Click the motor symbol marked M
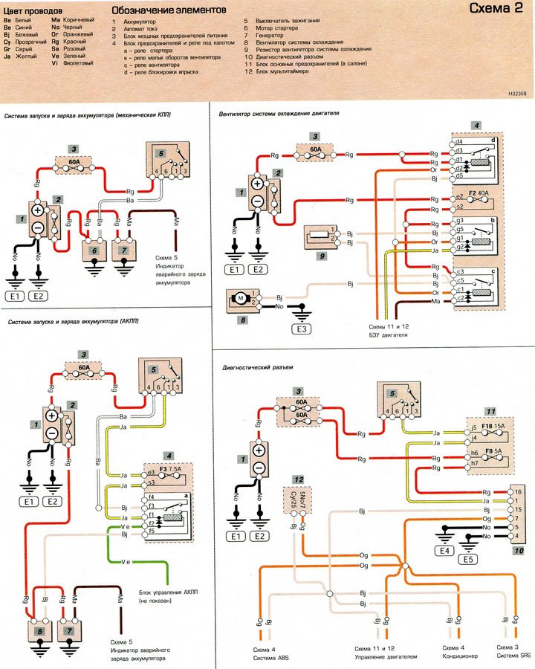pos(240,299)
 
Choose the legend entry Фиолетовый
pos(77,63)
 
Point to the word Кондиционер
pos(453,656)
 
